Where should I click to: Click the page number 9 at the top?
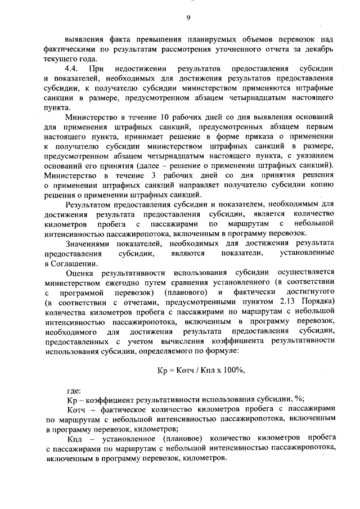click(x=188, y=18)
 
